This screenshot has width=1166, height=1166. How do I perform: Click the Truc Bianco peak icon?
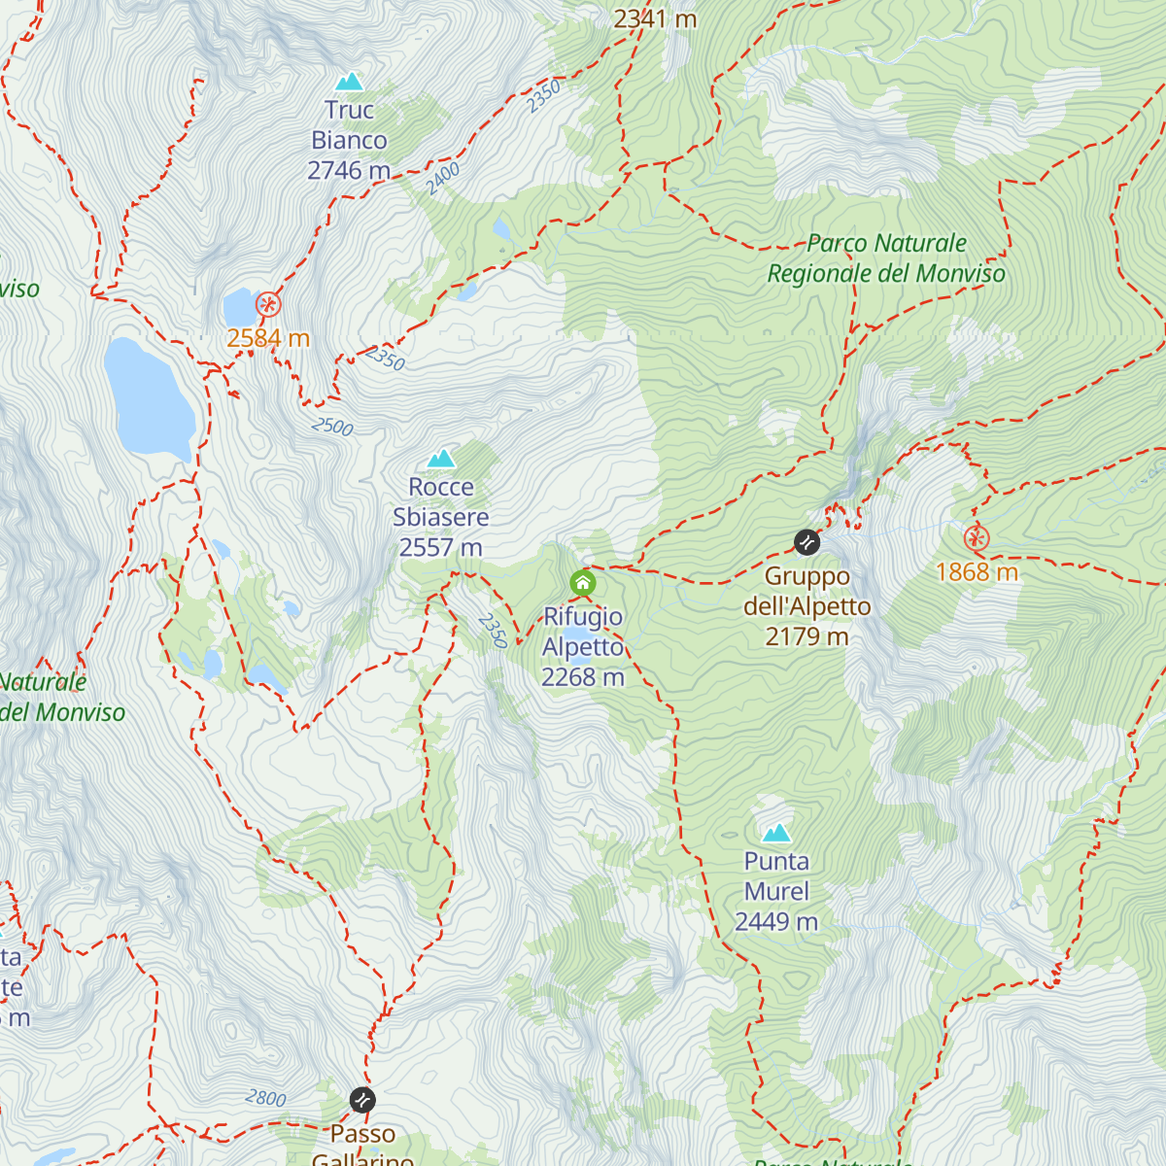pyautogui.click(x=349, y=82)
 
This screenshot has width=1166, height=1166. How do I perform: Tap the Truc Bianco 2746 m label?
pyautogui.click(x=349, y=141)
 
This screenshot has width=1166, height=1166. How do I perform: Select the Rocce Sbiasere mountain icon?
pyautogui.click(x=441, y=458)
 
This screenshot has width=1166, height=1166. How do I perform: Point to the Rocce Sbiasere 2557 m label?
pyautogui.click(x=441, y=517)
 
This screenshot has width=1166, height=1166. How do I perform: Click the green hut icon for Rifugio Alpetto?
pyautogui.click(x=582, y=583)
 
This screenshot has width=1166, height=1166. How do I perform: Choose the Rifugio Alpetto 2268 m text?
pyautogui.click(x=583, y=647)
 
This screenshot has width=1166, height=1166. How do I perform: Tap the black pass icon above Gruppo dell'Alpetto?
pyautogui.click(x=806, y=542)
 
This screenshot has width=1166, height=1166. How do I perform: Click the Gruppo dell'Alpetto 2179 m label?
pyautogui.click(x=806, y=606)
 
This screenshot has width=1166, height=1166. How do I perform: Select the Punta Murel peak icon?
pyautogui.click(x=776, y=833)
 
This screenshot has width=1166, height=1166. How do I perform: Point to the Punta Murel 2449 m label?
pyautogui.click(x=776, y=892)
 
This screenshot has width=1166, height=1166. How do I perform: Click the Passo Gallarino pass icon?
pyautogui.click(x=362, y=1100)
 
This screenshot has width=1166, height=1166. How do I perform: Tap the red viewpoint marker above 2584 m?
pyautogui.click(x=268, y=305)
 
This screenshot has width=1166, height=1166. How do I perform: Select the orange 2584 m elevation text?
pyautogui.click(x=268, y=338)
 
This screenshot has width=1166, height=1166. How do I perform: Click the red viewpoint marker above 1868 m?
pyautogui.click(x=977, y=538)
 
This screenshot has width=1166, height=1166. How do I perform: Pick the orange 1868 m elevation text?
pyautogui.click(x=977, y=572)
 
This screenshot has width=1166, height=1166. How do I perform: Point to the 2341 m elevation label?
pyautogui.click(x=655, y=17)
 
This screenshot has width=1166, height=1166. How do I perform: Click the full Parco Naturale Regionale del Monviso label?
pyautogui.click(x=886, y=258)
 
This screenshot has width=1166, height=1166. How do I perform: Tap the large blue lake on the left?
pyautogui.click(x=148, y=398)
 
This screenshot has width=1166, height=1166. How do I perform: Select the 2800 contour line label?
pyautogui.click(x=265, y=1098)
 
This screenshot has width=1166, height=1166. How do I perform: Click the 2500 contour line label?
pyautogui.click(x=332, y=427)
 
